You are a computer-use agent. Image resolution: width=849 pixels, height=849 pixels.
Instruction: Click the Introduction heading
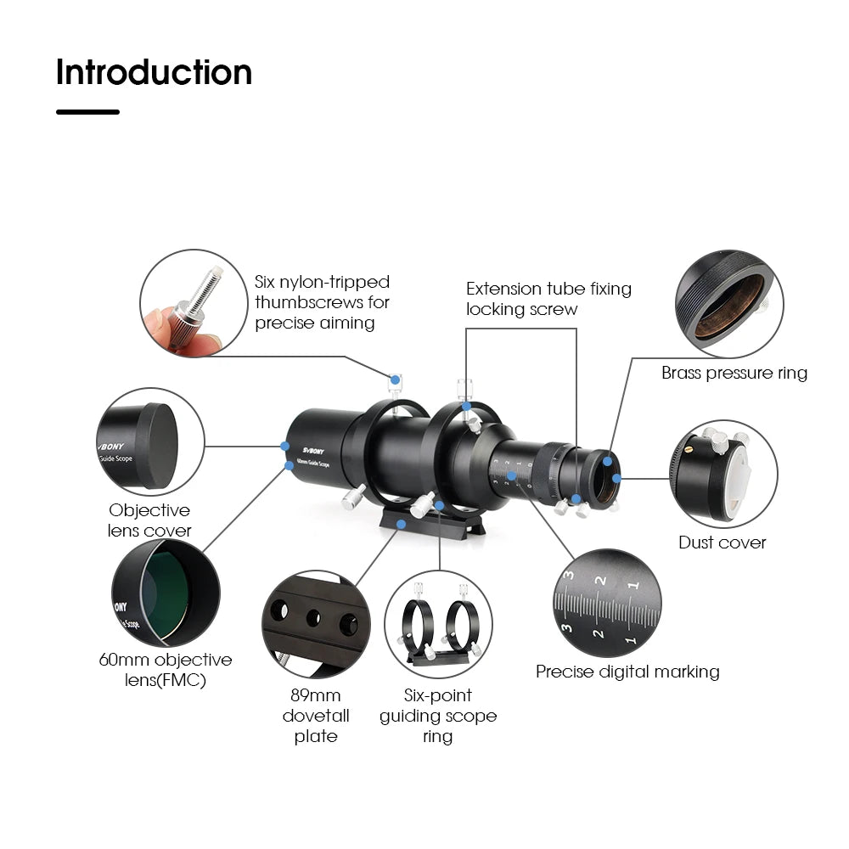pyautogui.click(x=154, y=72)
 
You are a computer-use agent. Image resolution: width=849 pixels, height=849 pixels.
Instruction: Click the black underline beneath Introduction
pyautogui.click(x=87, y=111)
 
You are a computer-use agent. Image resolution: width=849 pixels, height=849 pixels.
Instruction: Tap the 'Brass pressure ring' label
pyautogui.click(x=734, y=373)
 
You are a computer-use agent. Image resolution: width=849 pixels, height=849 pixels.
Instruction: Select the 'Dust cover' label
pyautogui.click(x=722, y=543)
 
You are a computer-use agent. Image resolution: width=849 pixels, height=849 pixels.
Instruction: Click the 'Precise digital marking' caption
pyautogui.click(x=627, y=672)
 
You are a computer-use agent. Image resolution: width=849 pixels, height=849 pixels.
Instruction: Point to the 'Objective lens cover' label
pyautogui.click(x=149, y=520)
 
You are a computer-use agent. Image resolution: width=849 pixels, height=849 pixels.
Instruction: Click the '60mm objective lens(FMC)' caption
pyautogui.click(x=165, y=670)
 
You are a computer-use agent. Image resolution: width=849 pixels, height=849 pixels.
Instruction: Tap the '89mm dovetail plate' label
pyautogui.click(x=316, y=716)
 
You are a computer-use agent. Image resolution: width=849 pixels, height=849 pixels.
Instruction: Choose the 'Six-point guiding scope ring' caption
pyautogui.click(x=438, y=716)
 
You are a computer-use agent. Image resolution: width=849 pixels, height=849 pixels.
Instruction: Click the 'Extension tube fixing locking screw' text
pyautogui.click(x=548, y=299)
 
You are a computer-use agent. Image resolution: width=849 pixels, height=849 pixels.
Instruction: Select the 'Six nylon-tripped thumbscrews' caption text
pyautogui.click(x=322, y=302)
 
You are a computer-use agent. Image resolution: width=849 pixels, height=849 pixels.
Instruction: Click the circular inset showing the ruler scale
pyautogui.click(x=606, y=603)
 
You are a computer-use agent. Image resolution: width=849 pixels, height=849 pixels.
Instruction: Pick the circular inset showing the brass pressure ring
pyautogui.click(x=728, y=304)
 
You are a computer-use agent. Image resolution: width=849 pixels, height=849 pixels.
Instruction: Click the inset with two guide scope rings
pyautogui.click(x=439, y=624)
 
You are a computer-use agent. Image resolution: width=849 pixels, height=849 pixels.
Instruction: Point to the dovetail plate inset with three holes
pyautogui.click(x=315, y=624)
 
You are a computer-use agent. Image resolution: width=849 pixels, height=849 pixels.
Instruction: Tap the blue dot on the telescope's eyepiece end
pyautogui.click(x=616, y=477)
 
